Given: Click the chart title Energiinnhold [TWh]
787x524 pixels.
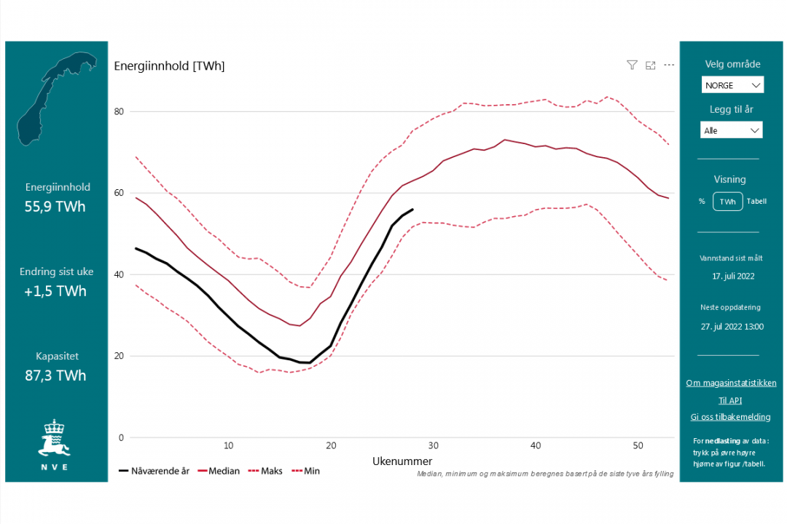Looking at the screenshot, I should [169, 66].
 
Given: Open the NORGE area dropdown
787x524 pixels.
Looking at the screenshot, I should [732, 85].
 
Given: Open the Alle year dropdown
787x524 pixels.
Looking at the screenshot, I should [732, 130].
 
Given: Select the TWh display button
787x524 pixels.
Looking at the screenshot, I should [727, 202].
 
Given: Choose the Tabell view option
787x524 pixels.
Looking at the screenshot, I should [756, 202].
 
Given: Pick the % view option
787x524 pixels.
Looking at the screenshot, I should [702, 202].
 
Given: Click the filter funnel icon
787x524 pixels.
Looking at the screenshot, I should [632, 65].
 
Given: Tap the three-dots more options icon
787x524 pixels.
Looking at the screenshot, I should [669, 65].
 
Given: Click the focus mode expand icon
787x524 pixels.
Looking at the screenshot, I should [651, 65].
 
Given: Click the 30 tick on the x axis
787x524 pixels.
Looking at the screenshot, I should [434, 445].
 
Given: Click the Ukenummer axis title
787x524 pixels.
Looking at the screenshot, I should [402, 461].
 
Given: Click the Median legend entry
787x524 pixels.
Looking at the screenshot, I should [218, 471].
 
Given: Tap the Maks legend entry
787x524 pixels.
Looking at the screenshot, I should [265, 471].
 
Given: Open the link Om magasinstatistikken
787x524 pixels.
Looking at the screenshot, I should [731, 383].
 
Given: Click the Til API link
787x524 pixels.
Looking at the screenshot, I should [730, 400].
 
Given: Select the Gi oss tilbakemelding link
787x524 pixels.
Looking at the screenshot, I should [730, 417].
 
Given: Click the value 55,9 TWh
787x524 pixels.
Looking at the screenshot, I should [55, 207].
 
